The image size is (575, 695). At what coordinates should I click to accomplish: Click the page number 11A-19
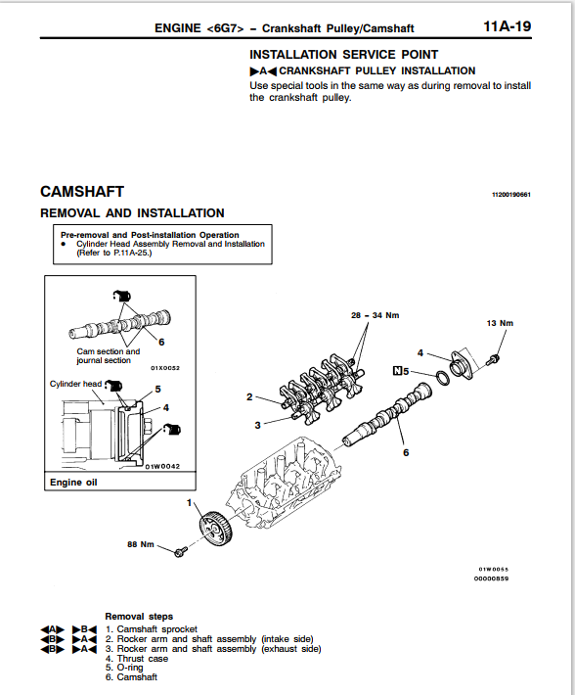(x=508, y=26)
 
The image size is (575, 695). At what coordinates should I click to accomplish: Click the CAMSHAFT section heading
(x=82, y=192)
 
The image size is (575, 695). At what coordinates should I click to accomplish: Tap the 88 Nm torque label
(x=141, y=544)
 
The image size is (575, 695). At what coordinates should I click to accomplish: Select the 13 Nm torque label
(x=500, y=323)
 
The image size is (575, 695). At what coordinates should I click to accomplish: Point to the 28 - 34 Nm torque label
(x=375, y=315)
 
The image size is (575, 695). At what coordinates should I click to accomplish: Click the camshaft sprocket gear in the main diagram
(x=216, y=530)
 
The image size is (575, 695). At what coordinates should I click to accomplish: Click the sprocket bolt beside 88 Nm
(x=181, y=552)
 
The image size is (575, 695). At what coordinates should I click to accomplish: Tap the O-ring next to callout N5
(x=442, y=378)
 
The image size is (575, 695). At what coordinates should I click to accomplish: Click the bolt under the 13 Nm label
(x=493, y=358)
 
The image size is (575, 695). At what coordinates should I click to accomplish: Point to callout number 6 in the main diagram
(x=406, y=452)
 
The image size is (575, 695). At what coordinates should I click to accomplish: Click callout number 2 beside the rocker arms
(x=249, y=396)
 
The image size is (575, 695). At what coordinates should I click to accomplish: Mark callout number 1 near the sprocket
(x=190, y=502)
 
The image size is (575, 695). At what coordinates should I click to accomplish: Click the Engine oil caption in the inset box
(x=73, y=483)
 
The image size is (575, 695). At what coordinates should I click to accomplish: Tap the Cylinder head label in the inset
(x=75, y=384)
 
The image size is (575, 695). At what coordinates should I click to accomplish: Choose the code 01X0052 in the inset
(x=165, y=368)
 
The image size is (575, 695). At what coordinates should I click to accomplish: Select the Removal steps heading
(x=139, y=616)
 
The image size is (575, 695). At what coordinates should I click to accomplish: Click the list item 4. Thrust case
(x=137, y=659)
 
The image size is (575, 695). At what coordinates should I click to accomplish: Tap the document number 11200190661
(x=511, y=195)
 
